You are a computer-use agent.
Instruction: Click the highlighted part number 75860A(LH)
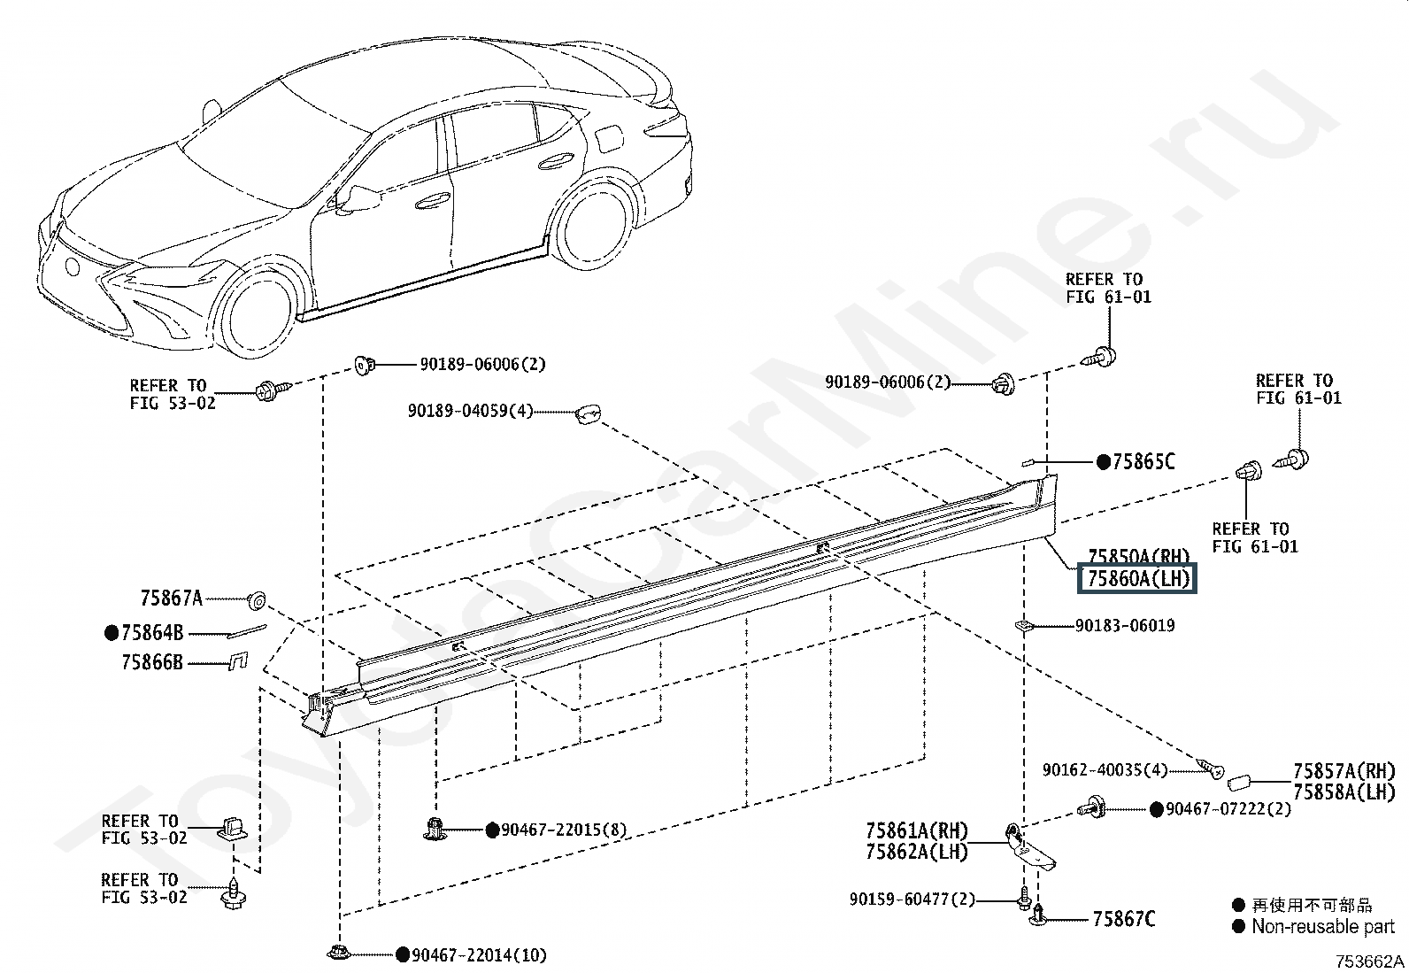click(x=1137, y=579)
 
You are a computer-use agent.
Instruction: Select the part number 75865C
click(x=1143, y=461)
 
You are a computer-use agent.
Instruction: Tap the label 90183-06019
click(x=1125, y=626)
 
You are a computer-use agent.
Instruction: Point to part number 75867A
click(x=171, y=598)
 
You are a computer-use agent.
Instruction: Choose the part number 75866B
click(x=152, y=661)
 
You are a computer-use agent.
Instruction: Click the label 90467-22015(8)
click(x=564, y=830)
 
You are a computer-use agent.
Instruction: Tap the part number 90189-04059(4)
click(x=470, y=412)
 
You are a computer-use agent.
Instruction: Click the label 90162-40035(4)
click(x=1105, y=770)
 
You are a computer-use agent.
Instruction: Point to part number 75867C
click(x=1123, y=919)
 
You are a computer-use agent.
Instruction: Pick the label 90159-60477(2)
click(x=912, y=900)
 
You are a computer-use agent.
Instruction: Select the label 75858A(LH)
click(x=1344, y=792)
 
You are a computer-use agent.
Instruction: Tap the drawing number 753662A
click(x=1370, y=961)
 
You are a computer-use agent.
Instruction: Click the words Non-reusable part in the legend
click(x=1322, y=927)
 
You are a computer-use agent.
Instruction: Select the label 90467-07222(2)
click(x=1228, y=809)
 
